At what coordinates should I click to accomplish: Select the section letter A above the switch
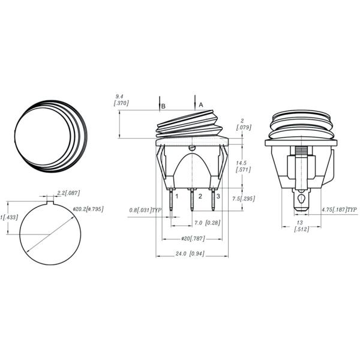click(x=201, y=104)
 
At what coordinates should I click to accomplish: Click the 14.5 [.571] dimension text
click(x=242, y=166)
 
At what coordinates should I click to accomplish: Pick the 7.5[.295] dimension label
click(x=242, y=199)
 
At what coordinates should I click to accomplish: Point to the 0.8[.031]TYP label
click(x=146, y=210)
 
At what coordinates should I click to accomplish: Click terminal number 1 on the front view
click(x=177, y=196)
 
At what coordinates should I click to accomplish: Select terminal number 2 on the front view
click(x=200, y=196)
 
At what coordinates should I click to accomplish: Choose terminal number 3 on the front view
click(x=218, y=196)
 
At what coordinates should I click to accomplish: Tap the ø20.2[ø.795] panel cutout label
click(x=88, y=209)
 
